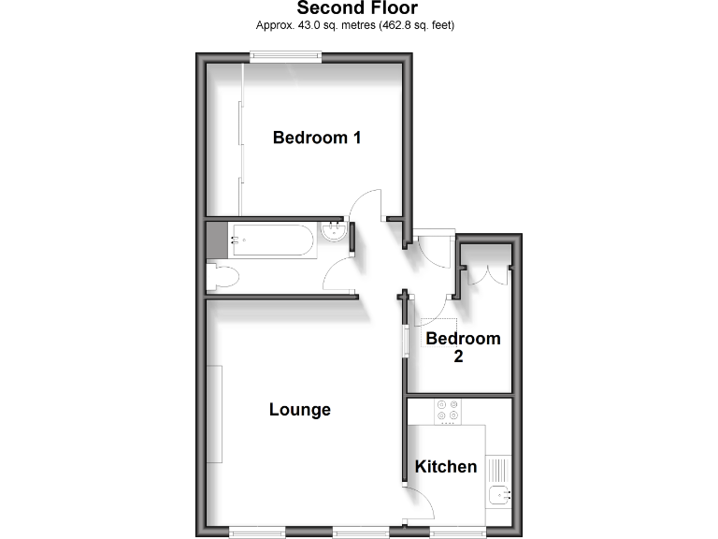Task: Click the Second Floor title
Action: click(357, 9)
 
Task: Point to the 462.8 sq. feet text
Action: click(415, 25)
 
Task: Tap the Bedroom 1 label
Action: click(317, 138)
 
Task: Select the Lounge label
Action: click(300, 409)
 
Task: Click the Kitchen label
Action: click(446, 466)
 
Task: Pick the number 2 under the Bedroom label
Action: click(459, 357)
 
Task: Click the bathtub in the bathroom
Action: click(272, 240)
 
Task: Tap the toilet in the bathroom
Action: click(223, 276)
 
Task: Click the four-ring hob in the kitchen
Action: click(447, 412)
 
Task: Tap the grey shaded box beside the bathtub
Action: click(216, 240)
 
